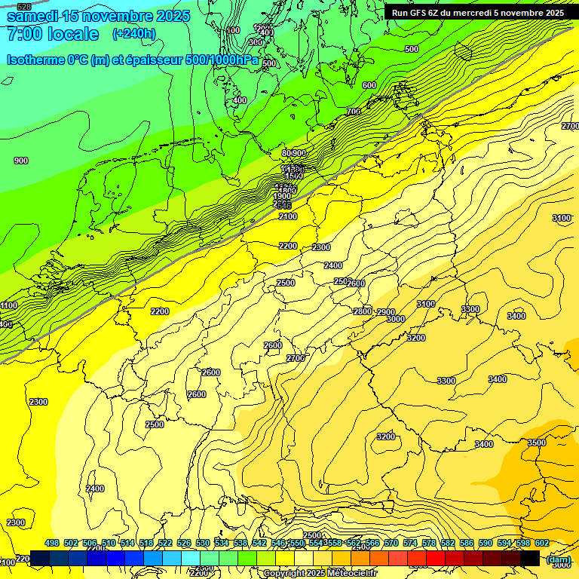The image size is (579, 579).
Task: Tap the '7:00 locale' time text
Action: pos(52,34)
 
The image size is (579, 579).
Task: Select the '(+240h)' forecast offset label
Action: pos(134,33)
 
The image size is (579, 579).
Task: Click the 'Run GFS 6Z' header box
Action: pos(477,13)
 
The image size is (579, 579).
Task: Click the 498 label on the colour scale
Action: pos(52,543)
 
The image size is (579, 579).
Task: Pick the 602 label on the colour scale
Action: pos(542,543)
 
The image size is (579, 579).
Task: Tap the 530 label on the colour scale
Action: pos(203,543)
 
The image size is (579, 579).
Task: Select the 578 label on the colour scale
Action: pos(429,543)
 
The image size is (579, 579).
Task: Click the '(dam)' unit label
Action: pos(559,559)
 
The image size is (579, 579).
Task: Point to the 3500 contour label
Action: pos(537,443)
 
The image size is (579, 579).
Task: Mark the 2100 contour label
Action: pos(288,216)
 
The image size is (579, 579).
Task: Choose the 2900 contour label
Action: pos(386,312)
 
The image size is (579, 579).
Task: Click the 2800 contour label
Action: pos(363,311)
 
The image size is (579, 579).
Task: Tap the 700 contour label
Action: pos(354,112)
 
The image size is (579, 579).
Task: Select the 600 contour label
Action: pos(369,85)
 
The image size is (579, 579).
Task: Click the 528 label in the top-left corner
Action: pos(24,7)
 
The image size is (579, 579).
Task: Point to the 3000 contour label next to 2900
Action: pos(395,319)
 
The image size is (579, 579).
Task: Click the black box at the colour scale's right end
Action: pos(530,558)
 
